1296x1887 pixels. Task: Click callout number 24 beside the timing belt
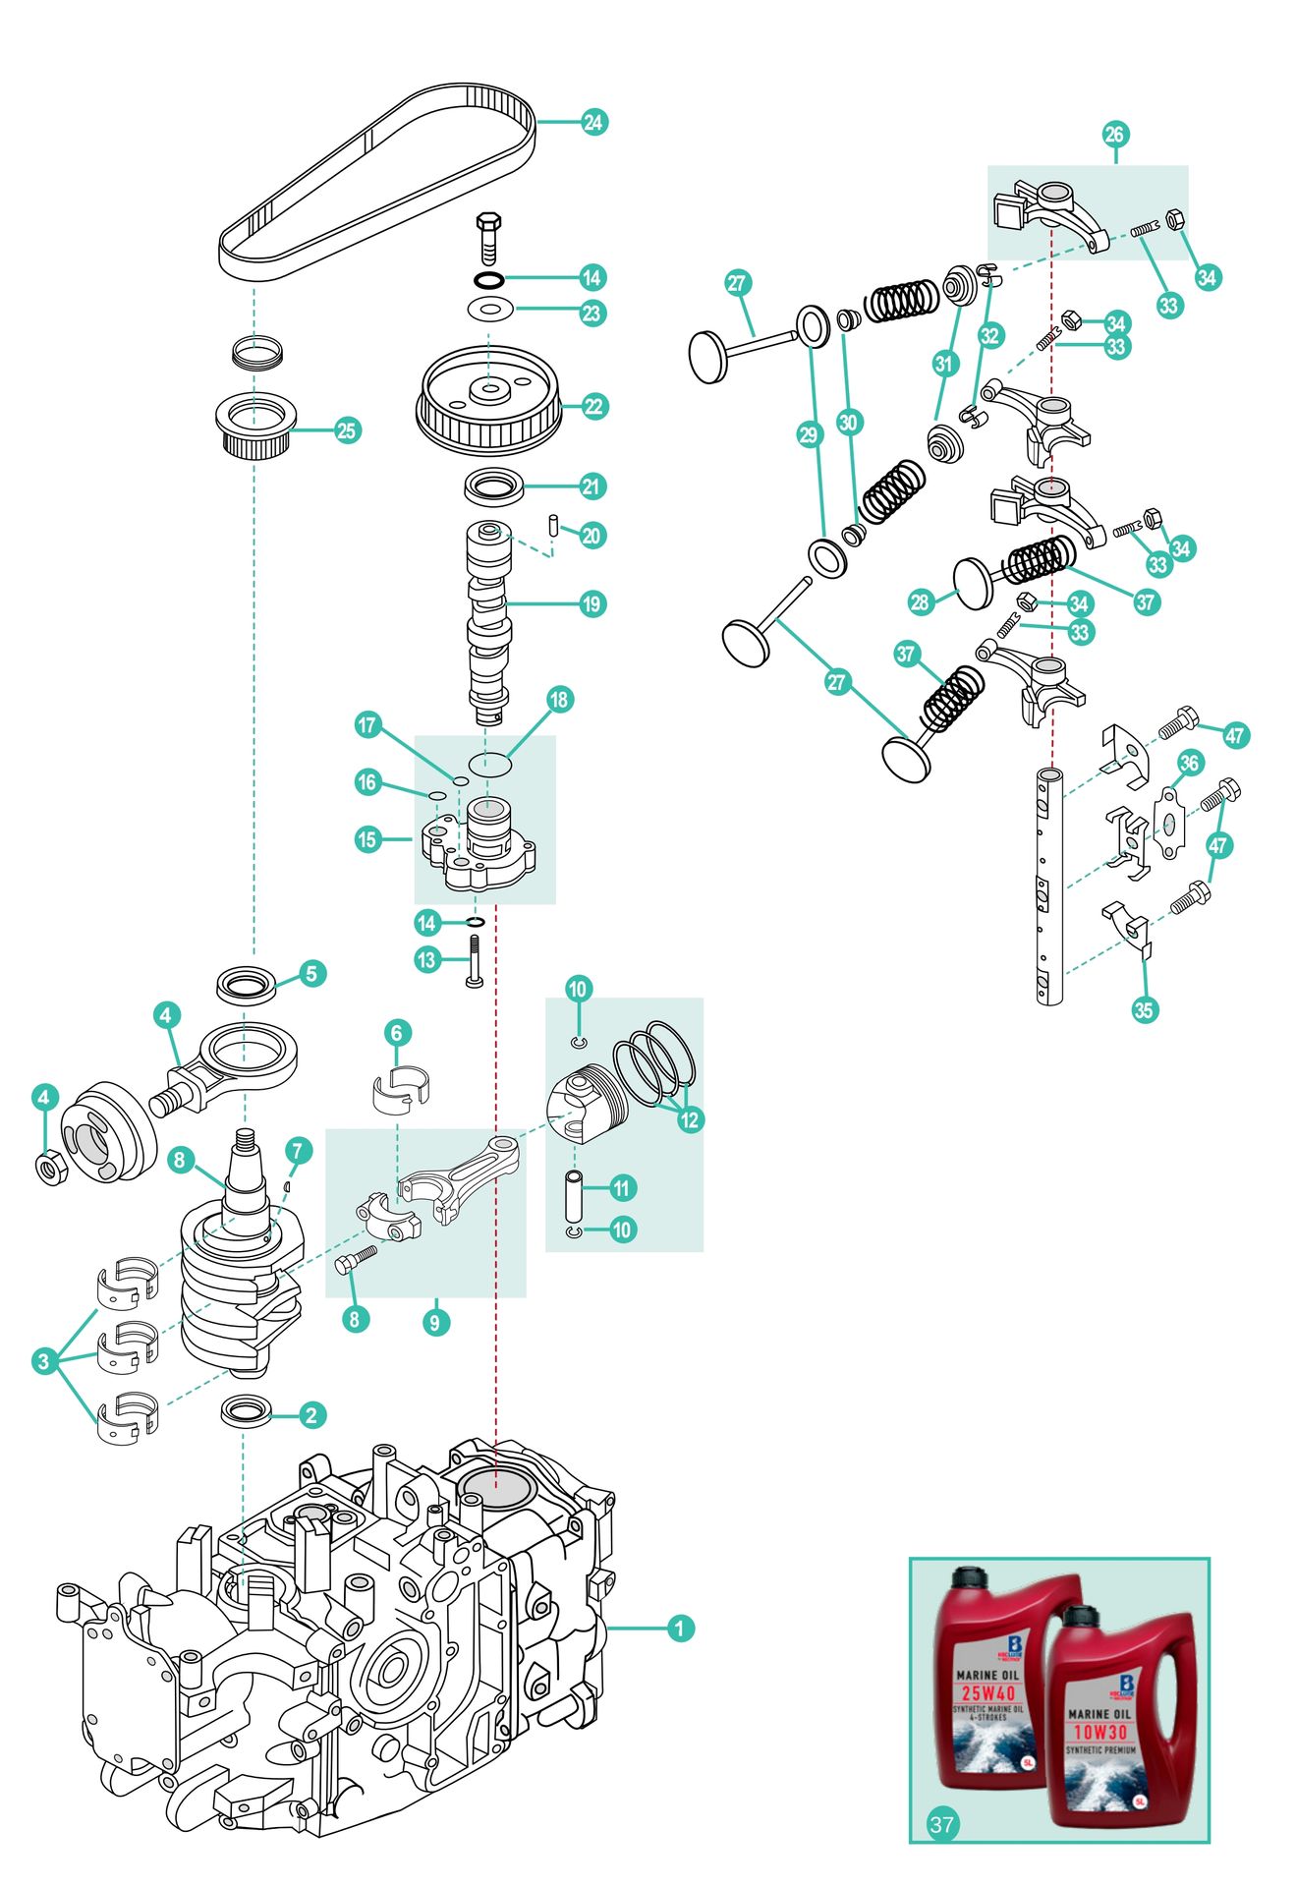click(x=593, y=122)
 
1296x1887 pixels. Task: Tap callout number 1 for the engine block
click(x=680, y=1629)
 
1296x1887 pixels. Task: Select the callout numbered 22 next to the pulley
click(x=594, y=406)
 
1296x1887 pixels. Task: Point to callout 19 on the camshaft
click(x=592, y=603)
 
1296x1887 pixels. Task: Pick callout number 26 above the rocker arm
click(x=1115, y=135)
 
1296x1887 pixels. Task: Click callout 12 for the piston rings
click(x=690, y=1119)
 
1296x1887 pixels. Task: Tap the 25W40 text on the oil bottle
click(x=987, y=1692)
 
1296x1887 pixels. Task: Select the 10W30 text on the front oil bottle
click(x=1099, y=1732)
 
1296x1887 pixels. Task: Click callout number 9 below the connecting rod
click(x=435, y=1322)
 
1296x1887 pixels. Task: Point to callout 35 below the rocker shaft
click(x=1144, y=1009)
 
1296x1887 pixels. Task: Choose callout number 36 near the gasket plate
click(x=1190, y=763)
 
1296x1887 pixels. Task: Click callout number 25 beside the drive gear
click(x=347, y=430)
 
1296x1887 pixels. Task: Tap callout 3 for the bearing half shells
click(x=43, y=1361)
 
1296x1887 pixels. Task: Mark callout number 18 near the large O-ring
click(x=559, y=700)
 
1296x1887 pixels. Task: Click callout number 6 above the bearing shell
click(x=397, y=1032)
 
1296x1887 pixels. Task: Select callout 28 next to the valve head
click(x=920, y=601)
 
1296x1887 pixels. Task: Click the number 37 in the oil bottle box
click(x=941, y=1825)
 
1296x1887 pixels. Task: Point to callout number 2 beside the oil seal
click(x=310, y=1415)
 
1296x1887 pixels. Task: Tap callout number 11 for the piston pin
click(x=621, y=1188)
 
